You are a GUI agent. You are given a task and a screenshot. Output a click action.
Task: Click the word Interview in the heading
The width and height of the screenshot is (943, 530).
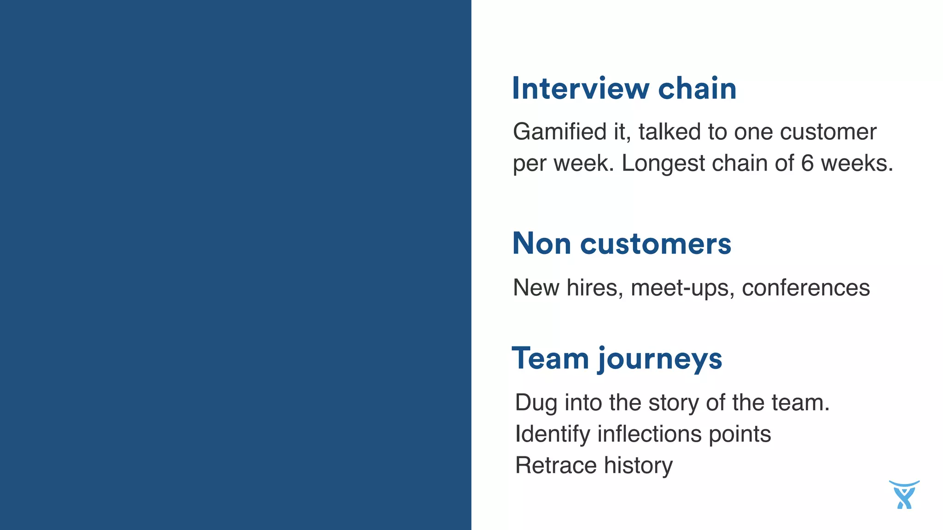click(581, 88)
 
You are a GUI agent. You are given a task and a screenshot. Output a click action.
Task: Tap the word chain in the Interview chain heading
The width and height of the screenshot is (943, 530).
click(697, 88)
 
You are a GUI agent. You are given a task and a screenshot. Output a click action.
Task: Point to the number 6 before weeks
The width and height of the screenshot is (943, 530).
click(807, 163)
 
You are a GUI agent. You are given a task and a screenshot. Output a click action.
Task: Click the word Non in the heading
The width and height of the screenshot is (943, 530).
click(541, 243)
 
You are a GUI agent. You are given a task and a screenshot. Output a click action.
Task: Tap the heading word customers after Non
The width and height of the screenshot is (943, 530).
click(656, 243)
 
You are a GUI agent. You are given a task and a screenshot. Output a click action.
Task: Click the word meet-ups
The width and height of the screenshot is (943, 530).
click(683, 288)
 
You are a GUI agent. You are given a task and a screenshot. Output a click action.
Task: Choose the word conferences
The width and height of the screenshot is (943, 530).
click(806, 288)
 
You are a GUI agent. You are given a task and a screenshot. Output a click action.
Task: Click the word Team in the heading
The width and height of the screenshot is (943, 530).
click(550, 358)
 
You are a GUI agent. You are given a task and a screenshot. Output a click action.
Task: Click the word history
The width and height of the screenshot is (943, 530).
click(638, 466)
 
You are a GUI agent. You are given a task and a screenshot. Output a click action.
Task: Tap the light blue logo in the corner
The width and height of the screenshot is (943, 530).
click(904, 495)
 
